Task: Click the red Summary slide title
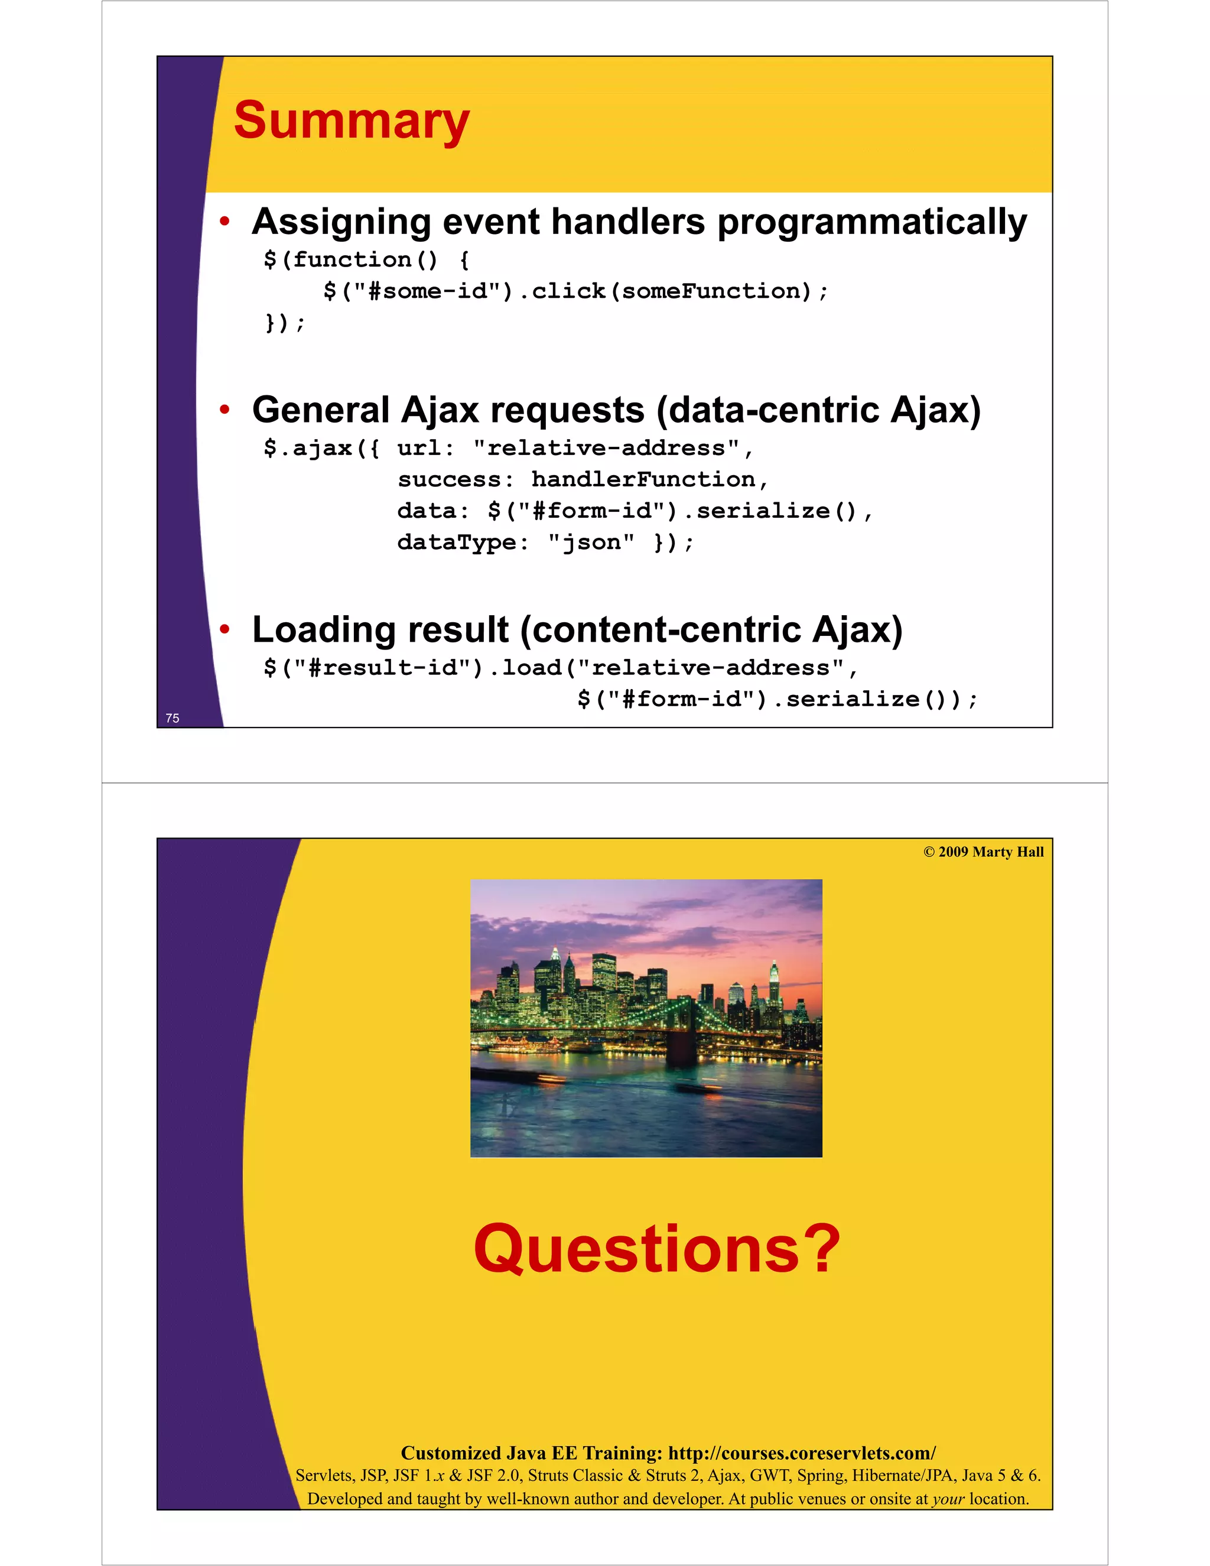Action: (x=352, y=121)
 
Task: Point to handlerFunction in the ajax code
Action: (x=643, y=479)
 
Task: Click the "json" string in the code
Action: (x=591, y=542)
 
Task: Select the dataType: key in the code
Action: (x=463, y=542)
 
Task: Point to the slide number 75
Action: (x=172, y=718)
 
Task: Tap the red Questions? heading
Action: (x=656, y=1249)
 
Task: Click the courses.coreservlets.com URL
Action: (x=801, y=1454)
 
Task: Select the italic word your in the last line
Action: (x=948, y=1499)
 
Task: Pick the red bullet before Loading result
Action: (x=225, y=629)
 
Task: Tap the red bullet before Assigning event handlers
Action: (x=225, y=222)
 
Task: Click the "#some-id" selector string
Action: (x=427, y=291)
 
